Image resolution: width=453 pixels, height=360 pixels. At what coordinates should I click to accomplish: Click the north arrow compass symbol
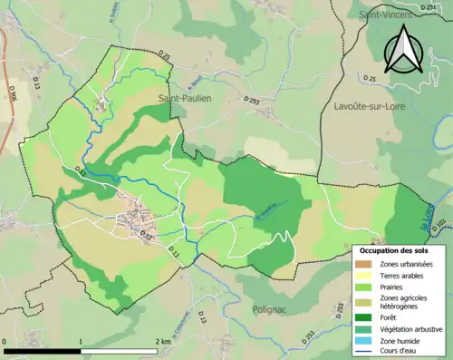pyautogui.click(x=403, y=49)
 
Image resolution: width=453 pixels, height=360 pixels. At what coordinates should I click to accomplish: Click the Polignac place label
pyautogui.click(x=275, y=308)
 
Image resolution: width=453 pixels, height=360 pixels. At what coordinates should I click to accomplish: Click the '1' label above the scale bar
pyautogui.click(x=82, y=341)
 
